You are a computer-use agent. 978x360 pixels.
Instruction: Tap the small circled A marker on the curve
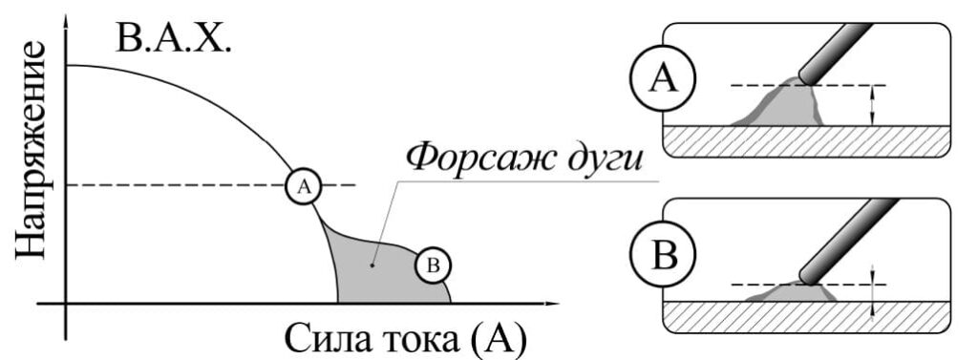304,186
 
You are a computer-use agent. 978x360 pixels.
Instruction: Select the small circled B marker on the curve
433,265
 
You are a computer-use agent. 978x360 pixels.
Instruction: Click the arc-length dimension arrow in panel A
871,105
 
